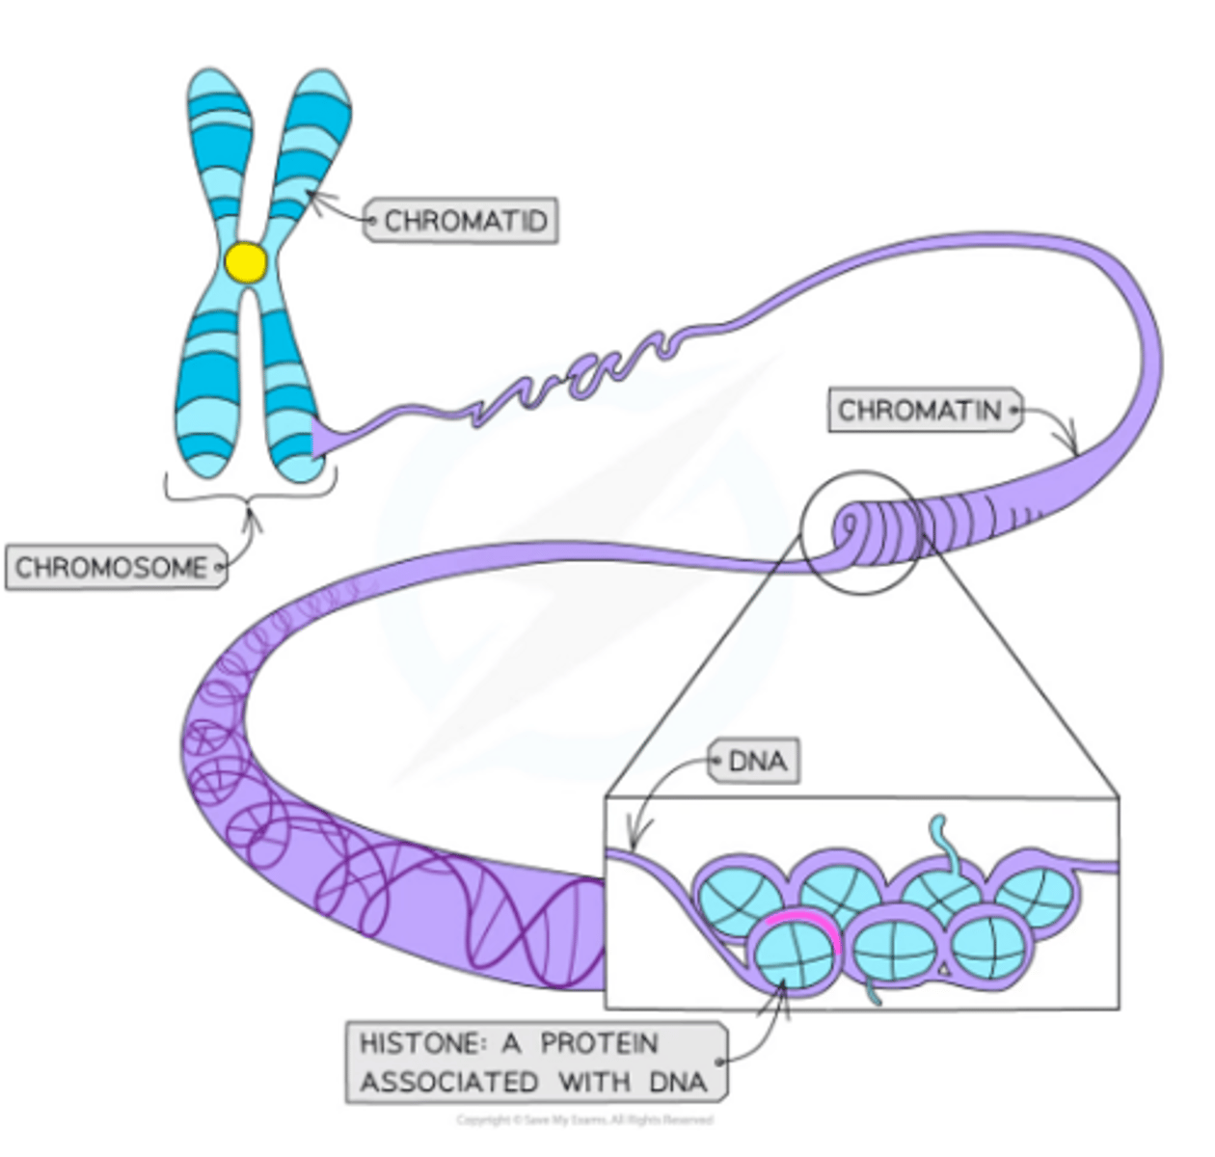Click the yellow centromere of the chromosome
pos(246,262)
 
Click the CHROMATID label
pos(465,222)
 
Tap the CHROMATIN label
pos(919,411)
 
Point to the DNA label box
pos(757,762)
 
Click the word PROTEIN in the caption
pos(599,1043)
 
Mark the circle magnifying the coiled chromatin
pos(861,530)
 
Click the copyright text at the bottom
pos(584,1120)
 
